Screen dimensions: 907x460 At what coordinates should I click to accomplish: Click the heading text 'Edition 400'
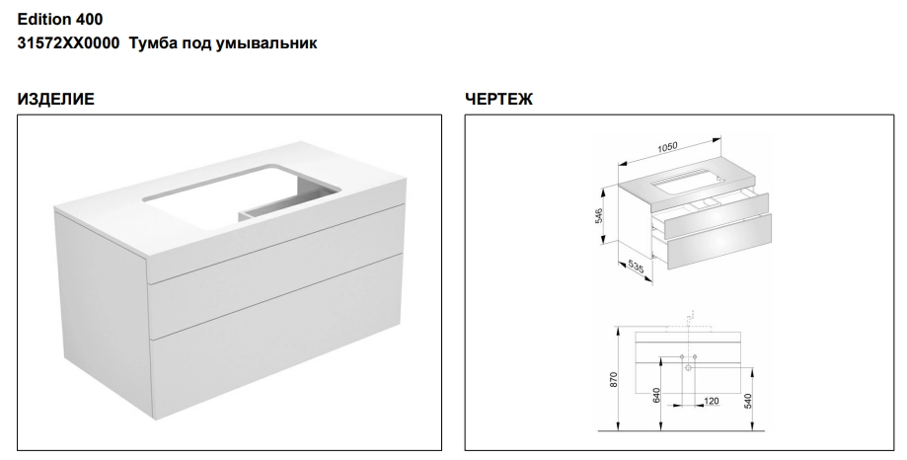(60, 19)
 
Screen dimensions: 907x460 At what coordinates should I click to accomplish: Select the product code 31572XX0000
(68, 42)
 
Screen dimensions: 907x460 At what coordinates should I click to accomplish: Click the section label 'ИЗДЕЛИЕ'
(55, 99)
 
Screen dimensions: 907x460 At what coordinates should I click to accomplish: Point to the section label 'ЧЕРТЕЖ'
(498, 99)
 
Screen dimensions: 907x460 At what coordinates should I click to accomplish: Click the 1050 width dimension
(667, 147)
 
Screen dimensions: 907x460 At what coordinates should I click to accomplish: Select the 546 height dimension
(599, 215)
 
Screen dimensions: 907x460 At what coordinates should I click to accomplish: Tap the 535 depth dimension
(636, 268)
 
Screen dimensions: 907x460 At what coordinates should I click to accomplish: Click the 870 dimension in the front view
(614, 380)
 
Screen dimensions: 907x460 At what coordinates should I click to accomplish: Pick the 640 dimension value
(656, 396)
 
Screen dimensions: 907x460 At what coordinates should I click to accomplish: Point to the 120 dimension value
(712, 401)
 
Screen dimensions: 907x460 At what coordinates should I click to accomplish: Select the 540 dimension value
(748, 401)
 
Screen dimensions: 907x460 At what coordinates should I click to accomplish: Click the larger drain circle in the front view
(688, 368)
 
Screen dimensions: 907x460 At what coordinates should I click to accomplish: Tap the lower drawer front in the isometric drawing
(718, 241)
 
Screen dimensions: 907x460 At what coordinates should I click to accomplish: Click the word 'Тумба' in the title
(153, 43)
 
